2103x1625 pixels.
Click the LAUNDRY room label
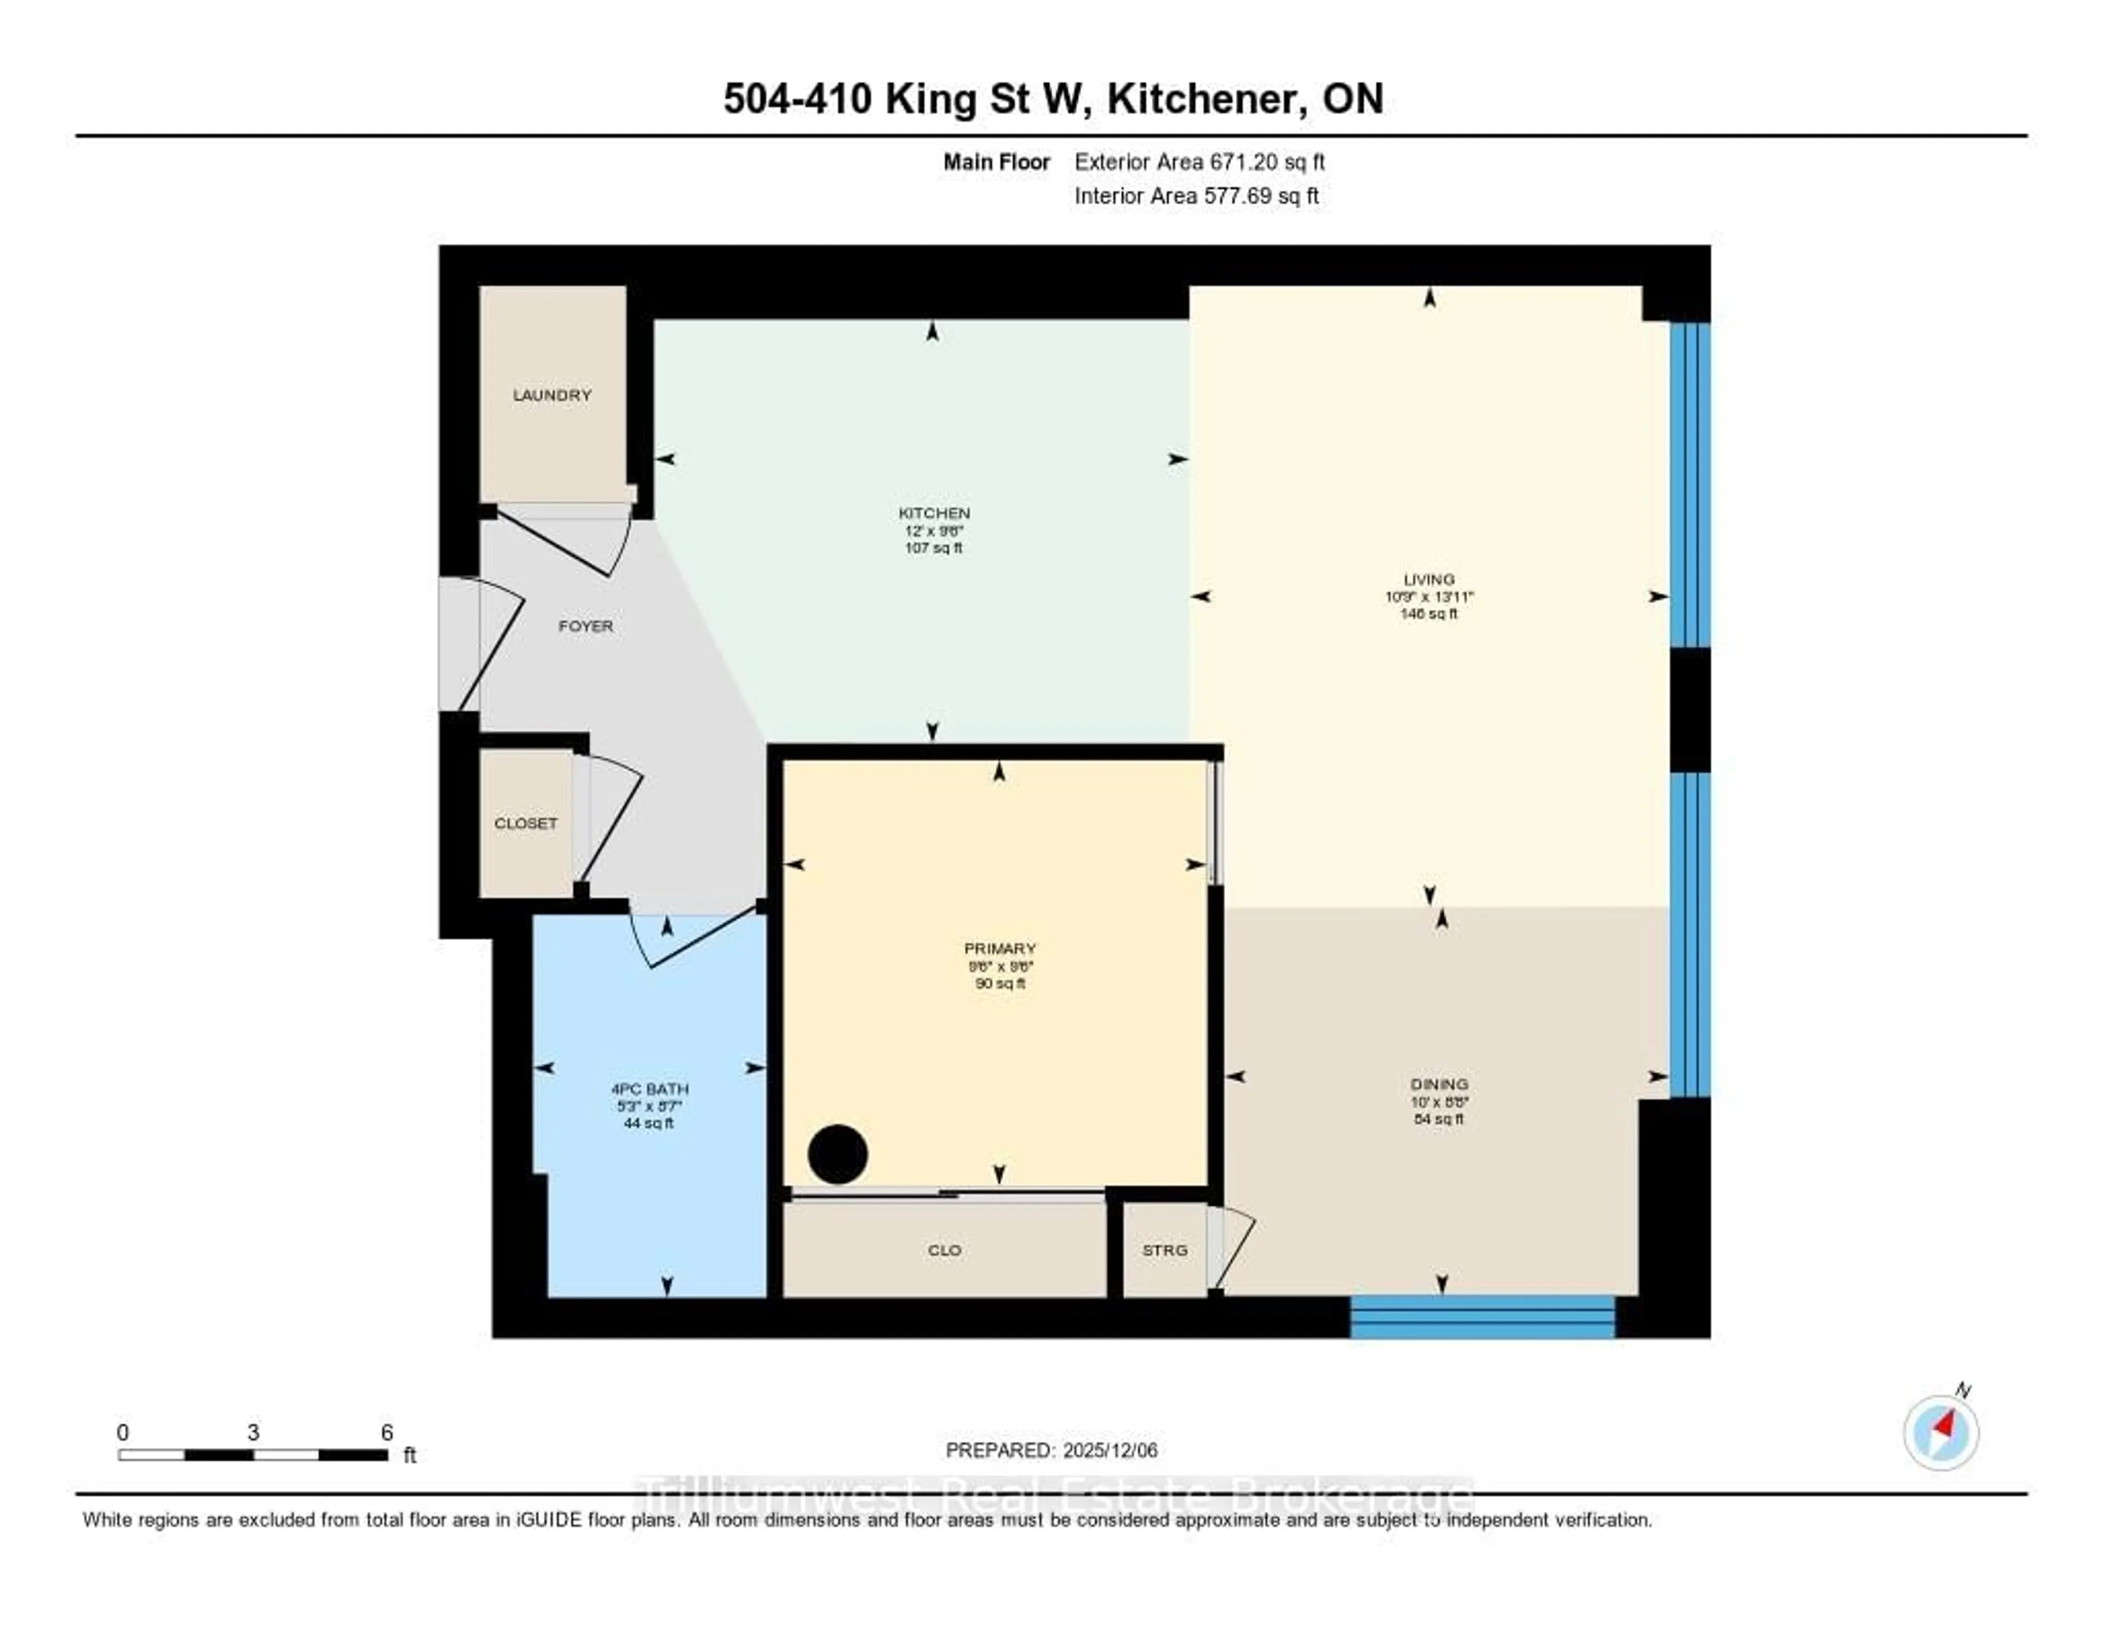point(551,395)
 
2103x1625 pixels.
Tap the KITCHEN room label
point(933,512)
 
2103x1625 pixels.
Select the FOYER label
point(585,626)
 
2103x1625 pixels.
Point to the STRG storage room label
point(1164,1250)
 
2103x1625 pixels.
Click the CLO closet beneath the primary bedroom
point(944,1250)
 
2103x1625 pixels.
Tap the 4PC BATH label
point(649,1089)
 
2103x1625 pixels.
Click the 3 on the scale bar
point(252,1432)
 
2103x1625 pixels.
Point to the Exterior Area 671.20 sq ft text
point(1199,162)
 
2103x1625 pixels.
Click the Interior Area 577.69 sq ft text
point(1196,197)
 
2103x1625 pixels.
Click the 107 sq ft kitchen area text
point(933,548)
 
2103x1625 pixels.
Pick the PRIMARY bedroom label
point(999,949)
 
